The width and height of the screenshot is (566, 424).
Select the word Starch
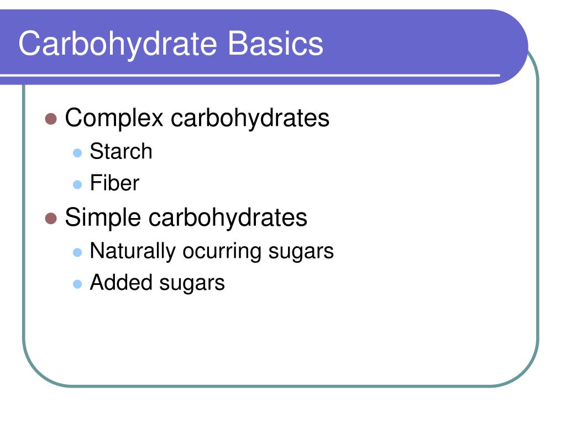pos(120,151)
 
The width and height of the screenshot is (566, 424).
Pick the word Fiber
pos(114,183)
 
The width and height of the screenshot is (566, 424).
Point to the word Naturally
pos(132,251)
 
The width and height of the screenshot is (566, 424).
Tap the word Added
pos(121,283)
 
